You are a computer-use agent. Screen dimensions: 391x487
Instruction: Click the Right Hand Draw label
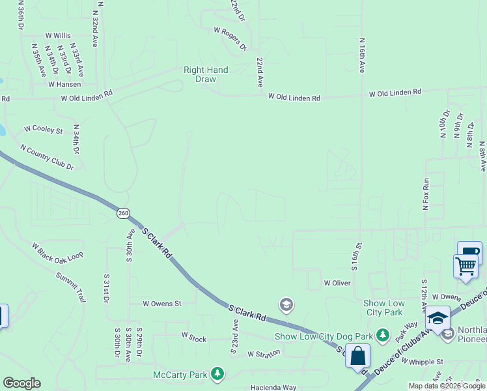[x=206, y=74]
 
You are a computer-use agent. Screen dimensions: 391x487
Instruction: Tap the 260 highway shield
[x=123, y=213]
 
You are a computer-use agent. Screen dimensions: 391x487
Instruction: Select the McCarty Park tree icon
[x=217, y=374]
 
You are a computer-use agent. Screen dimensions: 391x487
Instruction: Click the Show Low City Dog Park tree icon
[x=383, y=336]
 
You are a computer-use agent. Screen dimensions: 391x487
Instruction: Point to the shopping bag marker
[x=357, y=356]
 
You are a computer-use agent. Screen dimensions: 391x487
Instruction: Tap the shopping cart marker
[x=466, y=266]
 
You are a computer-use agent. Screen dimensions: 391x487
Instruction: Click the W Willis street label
[x=58, y=35]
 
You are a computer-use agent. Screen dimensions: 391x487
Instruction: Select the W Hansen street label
[x=64, y=84]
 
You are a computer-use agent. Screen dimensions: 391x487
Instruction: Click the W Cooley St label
[x=43, y=130]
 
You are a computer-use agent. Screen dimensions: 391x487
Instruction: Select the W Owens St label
[x=161, y=303]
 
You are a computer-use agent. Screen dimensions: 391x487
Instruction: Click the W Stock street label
[x=193, y=337]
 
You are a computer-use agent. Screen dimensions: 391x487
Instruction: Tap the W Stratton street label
[x=264, y=353]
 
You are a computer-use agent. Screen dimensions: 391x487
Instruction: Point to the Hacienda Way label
[x=273, y=387]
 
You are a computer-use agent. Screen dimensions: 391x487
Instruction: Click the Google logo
[x=21, y=383]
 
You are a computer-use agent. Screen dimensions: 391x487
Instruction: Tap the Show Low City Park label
[x=384, y=308]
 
